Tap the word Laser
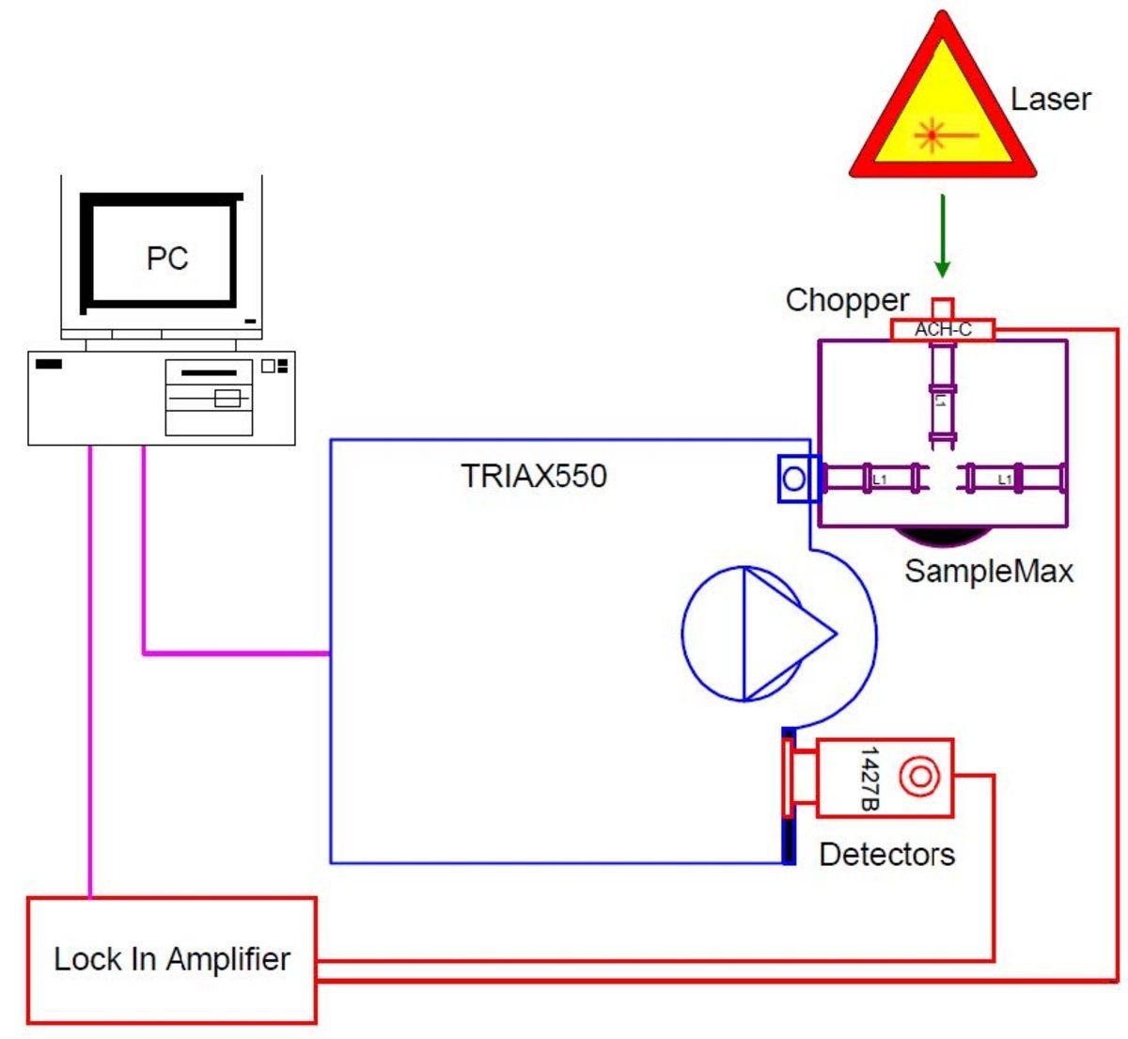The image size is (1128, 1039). point(1050,99)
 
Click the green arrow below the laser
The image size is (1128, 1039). point(942,235)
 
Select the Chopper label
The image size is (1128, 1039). point(847,300)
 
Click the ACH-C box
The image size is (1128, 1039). point(942,329)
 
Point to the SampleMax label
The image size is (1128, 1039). point(988,571)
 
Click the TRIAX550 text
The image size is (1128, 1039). point(534,476)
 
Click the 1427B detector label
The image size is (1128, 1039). point(869,779)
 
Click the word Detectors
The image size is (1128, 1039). point(886,854)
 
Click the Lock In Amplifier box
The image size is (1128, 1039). point(171,959)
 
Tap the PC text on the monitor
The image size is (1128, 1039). point(166,258)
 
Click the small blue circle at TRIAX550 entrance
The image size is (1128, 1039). point(794,479)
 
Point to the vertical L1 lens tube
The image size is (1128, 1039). point(941,400)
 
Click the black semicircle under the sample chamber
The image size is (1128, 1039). point(942,535)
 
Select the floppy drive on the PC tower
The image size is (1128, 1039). point(209,373)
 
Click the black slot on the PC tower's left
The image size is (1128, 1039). point(49,364)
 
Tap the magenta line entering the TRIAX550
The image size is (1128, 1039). point(235,653)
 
